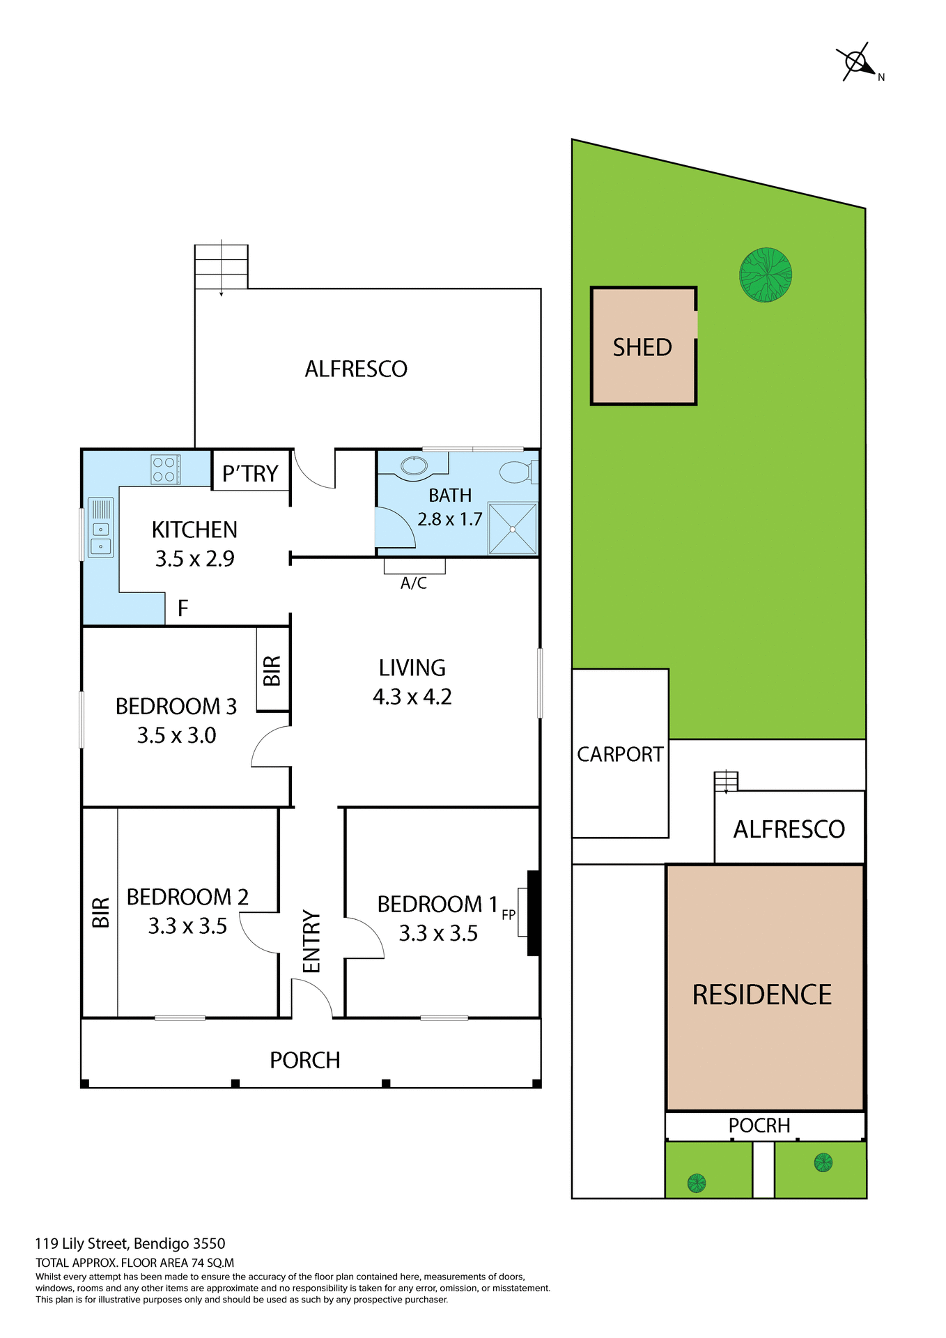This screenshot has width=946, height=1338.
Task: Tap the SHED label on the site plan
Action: pyautogui.click(x=642, y=347)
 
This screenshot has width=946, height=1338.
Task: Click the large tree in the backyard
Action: pyautogui.click(x=765, y=275)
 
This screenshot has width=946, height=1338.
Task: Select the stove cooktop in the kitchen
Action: pyautogui.click(x=166, y=469)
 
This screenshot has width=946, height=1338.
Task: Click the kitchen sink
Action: pyautogui.click(x=101, y=537)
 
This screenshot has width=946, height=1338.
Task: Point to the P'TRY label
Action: pyautogui.click(x=250, y=473)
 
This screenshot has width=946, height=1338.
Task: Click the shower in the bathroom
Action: pyautogui.click(x=513, y=529)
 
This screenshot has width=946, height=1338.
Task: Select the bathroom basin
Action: pyautogui.click(x=414, y=466)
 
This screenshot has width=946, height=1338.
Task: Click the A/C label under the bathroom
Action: pyautogui.click(x=414, y=583)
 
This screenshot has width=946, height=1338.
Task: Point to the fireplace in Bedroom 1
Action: pyautogui.click(x=533, y=912)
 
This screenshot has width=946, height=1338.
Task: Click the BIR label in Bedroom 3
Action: pyautogui.click(x=272, y=670)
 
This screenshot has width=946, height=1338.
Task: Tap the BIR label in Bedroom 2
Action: pyautogui.click(x=101, y=912)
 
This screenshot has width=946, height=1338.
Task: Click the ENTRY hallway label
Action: pyautogui.click(x=311, y=941)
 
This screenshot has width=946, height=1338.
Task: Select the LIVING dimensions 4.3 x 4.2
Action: pyautogui.click(x=412, y=697)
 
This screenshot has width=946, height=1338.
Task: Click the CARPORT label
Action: pyautogui.click(x=619, y=754)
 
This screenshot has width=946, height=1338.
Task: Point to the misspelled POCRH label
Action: pyautogui.click(x=759, y=1125)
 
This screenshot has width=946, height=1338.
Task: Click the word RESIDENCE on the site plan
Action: pyautogui.click(x=761, y=994)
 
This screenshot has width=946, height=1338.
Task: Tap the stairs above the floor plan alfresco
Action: pyautogui.click(x=221, y=266)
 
